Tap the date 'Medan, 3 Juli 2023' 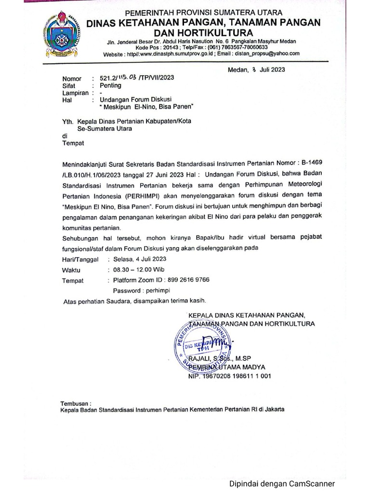pos(256,69)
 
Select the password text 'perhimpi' pos(156,290)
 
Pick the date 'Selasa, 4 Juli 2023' pos(140,260)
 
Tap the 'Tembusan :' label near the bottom pos(76,403)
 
